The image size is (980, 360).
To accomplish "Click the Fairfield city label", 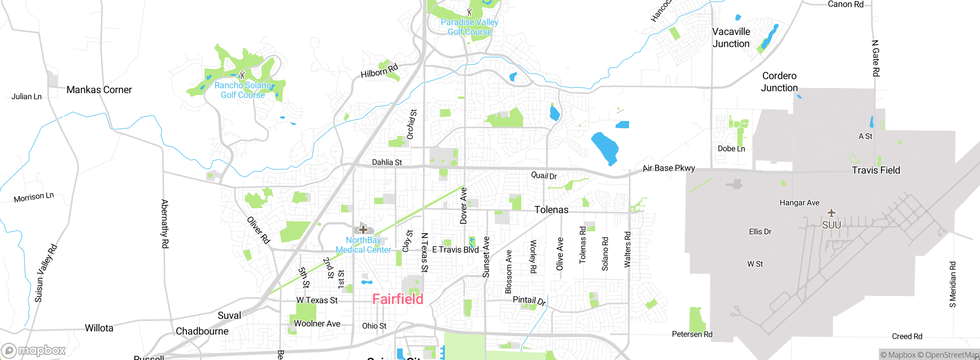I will point(398,299).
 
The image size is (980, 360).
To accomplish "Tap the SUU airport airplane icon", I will point(831,213).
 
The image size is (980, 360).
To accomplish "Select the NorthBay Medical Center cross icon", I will point(363,229).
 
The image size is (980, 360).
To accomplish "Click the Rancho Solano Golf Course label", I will point(243,90).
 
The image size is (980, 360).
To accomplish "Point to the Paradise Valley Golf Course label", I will point(469,27).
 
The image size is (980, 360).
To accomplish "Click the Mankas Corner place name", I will point(99,90).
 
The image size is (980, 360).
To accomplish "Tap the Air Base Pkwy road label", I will point(668,168).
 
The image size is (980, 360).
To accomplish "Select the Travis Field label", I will point(875,170).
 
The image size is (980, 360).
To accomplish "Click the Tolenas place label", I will point(551,209).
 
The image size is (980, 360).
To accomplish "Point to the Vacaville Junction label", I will point(731,38).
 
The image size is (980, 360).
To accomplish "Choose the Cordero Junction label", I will point(779,82).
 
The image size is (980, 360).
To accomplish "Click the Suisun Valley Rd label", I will point(46,273).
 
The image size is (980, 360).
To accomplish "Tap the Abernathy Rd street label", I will point(165,224).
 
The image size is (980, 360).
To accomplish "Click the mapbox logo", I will point(34,350).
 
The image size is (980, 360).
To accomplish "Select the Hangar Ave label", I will point(799,203).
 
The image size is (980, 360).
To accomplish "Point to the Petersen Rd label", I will point(692,334).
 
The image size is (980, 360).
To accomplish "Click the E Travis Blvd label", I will point(455,250).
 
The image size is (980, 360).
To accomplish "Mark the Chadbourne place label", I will point(202,331).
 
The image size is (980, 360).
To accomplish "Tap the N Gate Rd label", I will point(875,58).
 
